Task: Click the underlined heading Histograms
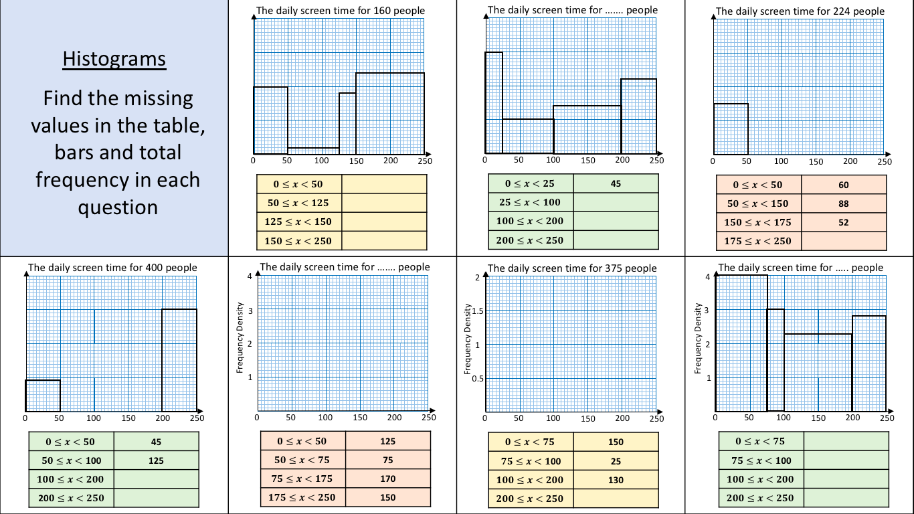tap(114, 59)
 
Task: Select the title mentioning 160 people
tap(340, 11)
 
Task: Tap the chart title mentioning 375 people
tap(572, 268)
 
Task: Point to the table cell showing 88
tap(843, 203)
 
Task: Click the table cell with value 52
tap(843, 222)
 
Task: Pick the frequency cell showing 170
tap(387, 479)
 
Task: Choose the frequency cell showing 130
tap(616, 479)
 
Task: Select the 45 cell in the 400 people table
tap(156, 442)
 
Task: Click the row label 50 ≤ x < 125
tap(298, 203)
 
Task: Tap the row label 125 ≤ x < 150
tap(298, 222)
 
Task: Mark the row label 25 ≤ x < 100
tap(530, 202)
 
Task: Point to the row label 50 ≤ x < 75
tap(302, 460)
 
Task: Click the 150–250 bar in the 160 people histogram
tap(389, 113)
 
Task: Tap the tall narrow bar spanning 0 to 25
tap(494, 102)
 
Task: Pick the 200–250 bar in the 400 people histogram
tap(179, 360)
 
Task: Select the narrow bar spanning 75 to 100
tap(775, 360)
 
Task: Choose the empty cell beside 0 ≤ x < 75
tap(846, 441)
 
